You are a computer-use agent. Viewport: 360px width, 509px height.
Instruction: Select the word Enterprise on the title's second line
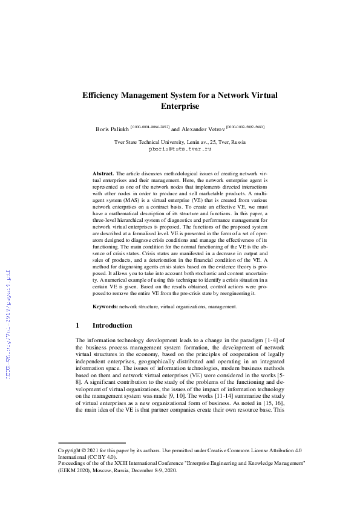(x=180, y=106)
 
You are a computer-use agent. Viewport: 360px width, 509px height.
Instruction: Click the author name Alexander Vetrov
(x=203, y=129)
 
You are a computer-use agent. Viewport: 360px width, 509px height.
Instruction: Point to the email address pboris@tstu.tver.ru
(x=180, y=148)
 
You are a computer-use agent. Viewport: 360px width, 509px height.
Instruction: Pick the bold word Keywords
(x=105, y=307)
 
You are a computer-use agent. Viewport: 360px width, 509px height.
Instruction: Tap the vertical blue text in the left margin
(x=8, y=314)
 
